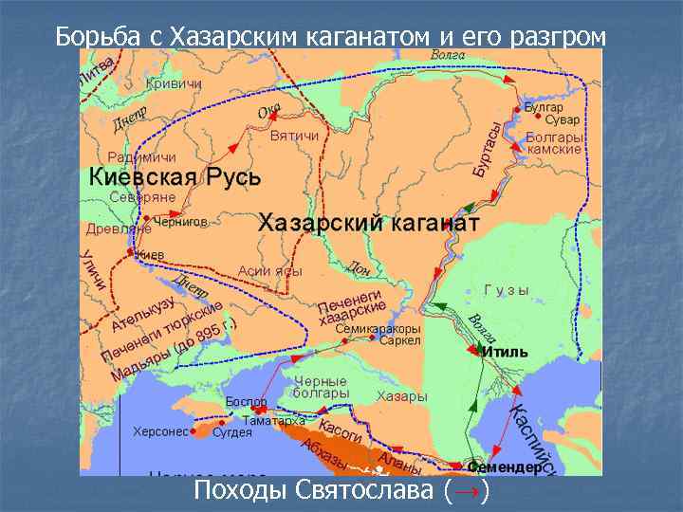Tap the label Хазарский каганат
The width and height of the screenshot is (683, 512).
pos(369,224)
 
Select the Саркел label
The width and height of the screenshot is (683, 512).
pos(399,340)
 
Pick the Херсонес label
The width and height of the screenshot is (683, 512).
pos(159,431)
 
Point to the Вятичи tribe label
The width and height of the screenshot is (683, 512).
pos(294,137)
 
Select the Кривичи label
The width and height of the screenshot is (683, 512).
pos(175,84)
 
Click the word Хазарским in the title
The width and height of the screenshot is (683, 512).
pos(233,36)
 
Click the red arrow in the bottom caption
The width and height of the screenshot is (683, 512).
pos(468,490)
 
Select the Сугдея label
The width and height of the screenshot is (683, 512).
pos(233,432)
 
